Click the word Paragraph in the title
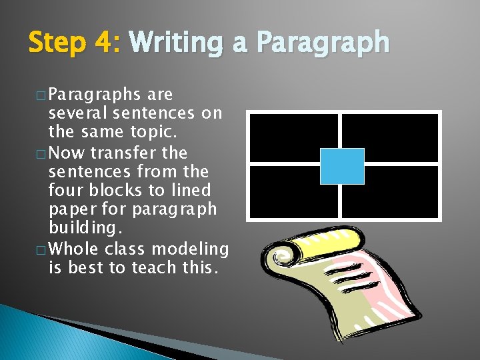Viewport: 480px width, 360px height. tap(322, 43)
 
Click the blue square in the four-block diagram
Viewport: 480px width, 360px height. tap(342, 166)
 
